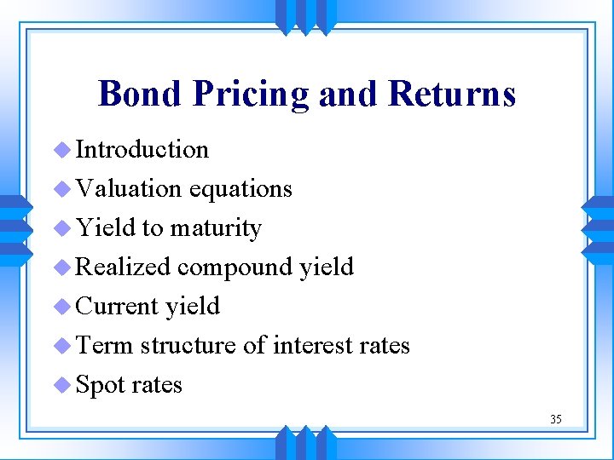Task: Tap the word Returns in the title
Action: click(x=451, y=94)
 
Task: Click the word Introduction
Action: click(x=142, y=149)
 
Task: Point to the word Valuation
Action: click(x=129, y=188)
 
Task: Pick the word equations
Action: click(x=240, y=188)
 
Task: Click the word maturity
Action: click(x=215, y=228)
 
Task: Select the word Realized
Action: click(x=124, y=267)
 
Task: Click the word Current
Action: click(x=118, y=307)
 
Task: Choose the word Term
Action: click(x=104, y=346)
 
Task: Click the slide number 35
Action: click(x=556, y=419)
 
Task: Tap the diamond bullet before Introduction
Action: click(x=62, y=150)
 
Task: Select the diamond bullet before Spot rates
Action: click(x=62, y=385)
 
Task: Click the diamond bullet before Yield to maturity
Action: click(x=62, y=228)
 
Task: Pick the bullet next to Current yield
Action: click(x=62, y=307)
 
